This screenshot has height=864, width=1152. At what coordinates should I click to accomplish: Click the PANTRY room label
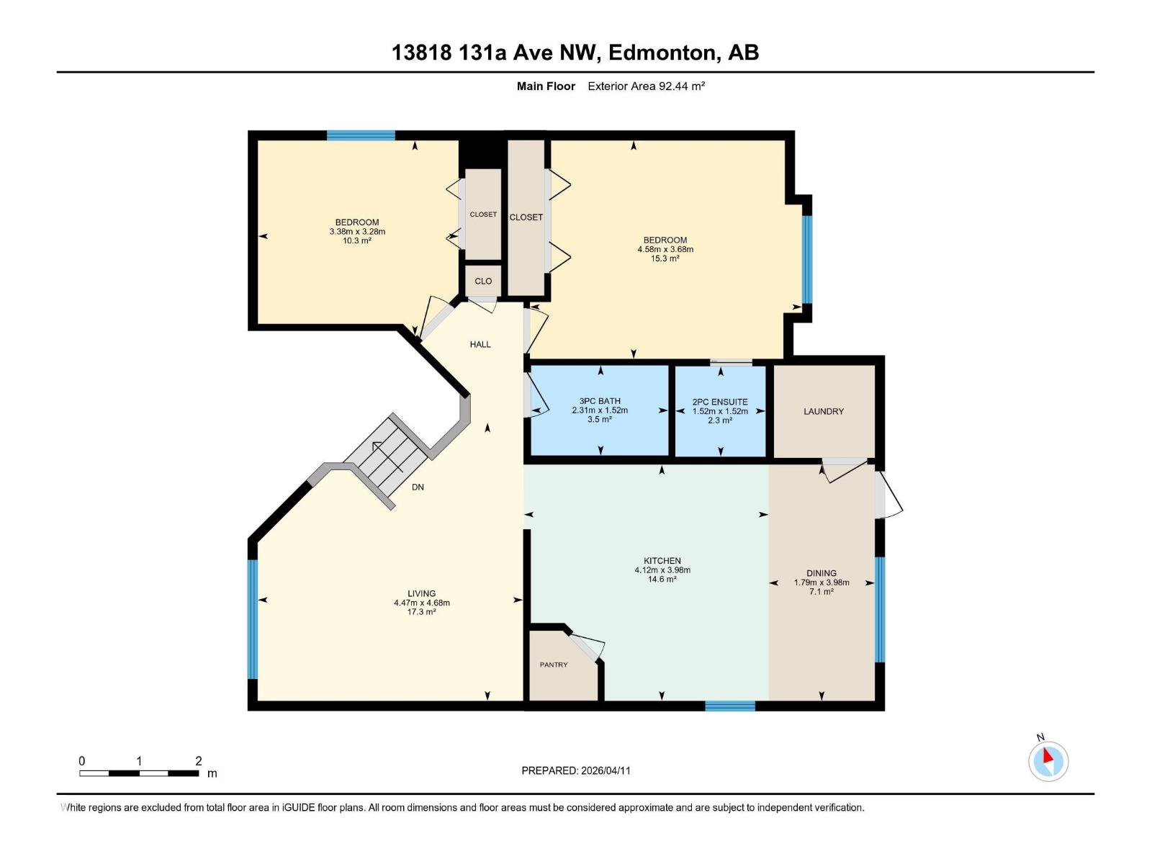(x=554, y=665)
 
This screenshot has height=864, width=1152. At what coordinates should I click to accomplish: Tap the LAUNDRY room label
(x=824, y=411)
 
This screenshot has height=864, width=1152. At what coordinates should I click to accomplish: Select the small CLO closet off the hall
(x=483, y=281)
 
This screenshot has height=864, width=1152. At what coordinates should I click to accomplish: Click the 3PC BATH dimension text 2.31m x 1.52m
(x=600, y=410)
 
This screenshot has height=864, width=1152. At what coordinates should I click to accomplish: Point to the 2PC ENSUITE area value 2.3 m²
(x=720, y=420)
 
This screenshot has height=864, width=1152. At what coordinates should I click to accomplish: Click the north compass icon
(x=1048, y=761)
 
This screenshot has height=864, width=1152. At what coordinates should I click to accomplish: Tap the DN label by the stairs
(x=418, y=487)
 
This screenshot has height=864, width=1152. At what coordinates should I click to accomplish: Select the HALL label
(x=480, y=344)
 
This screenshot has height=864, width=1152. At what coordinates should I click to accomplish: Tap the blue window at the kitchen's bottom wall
(x=729, y=706)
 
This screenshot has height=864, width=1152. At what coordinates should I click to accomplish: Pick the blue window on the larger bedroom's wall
(x=807, y=259)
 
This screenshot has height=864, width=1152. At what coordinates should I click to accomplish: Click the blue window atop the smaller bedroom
(x=361, y=135)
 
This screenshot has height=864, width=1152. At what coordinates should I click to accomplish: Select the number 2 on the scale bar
(x=198, y=761)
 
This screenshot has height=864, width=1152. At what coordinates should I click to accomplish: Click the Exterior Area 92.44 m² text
(x=646, y=86)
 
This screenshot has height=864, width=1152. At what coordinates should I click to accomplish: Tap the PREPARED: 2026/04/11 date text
(x=576, y=770)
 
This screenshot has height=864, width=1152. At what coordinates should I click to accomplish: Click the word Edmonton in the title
(x=662, y=53)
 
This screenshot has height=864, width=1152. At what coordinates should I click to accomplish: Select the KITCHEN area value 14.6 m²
(x=662, y=580)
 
